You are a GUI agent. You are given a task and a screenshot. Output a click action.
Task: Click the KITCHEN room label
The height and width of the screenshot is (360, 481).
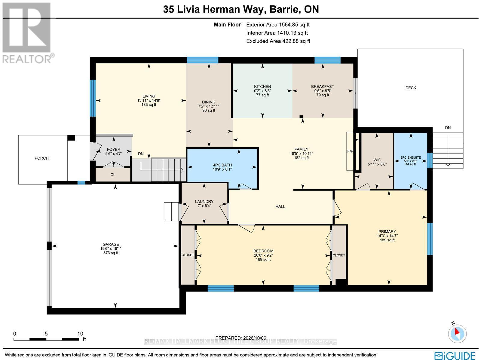point(262,87)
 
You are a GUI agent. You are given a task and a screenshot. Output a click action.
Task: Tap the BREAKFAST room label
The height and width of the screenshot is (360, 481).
point(323,87)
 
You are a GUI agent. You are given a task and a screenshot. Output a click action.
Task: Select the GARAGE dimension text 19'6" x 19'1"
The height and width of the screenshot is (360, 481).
point(111,249)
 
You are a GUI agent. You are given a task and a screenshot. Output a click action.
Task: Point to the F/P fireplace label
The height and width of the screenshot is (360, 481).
point(350,151)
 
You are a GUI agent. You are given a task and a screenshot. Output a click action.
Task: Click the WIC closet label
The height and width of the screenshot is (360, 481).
point(377,160)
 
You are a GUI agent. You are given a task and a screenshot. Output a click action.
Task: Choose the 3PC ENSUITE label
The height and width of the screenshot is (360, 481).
point(410,157)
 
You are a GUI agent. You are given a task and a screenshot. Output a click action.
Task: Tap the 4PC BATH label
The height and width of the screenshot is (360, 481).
point(222,165)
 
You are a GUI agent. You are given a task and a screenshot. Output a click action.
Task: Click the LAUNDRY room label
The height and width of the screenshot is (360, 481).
point(204,201)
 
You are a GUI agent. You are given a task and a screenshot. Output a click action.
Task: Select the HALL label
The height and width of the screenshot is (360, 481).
point(280,206)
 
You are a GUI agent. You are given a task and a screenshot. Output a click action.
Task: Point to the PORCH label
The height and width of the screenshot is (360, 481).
point(41,158)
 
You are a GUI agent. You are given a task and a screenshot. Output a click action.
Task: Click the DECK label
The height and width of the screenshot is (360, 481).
point(411,88)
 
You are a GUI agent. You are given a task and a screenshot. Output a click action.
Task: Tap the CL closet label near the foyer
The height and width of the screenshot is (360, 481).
point(113,175)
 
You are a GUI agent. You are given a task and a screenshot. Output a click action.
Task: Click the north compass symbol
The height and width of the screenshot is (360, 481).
point(457,334)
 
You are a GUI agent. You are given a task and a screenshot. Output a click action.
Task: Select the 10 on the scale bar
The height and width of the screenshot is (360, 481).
point(80,334)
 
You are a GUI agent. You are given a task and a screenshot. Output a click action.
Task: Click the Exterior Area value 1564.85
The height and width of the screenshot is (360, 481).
point(289,25)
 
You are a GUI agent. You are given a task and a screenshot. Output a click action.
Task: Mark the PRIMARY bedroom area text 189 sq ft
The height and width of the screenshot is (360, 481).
point(387,240)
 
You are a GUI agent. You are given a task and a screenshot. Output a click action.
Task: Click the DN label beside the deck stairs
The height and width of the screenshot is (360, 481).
point(448,128)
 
